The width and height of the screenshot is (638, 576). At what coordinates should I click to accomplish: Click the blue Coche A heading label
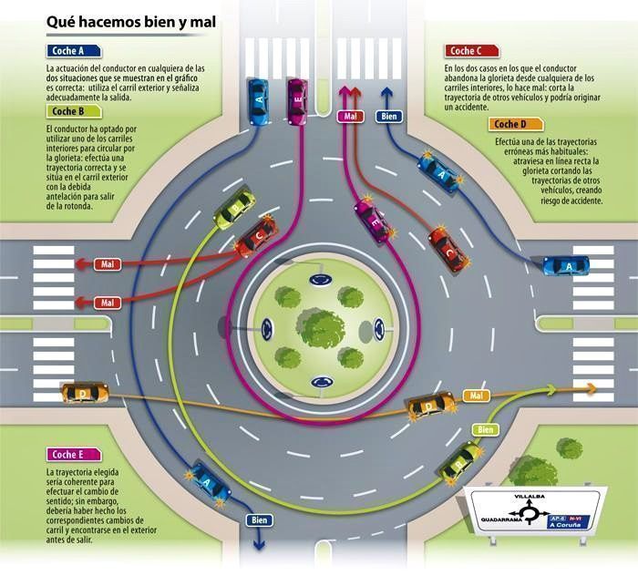click(74, 51)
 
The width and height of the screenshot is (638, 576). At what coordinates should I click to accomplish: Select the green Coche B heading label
click(74, 111)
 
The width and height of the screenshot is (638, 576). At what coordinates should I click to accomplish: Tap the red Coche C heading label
click(471, 51)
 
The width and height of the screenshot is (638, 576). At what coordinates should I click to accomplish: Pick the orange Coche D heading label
click(516, 124)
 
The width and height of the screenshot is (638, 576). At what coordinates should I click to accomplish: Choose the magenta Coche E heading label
click(74, 455)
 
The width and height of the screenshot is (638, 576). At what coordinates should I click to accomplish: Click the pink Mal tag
click(350, 117)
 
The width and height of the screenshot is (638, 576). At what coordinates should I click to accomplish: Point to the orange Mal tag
click(476, 396)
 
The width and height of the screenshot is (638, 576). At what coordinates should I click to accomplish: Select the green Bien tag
click(486, 429)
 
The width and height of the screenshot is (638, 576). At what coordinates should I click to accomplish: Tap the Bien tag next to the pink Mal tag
click(389, 117)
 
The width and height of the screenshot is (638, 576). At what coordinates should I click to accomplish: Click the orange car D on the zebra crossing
click(85, 393)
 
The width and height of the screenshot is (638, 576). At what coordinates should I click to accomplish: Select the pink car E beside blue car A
click(297, 101)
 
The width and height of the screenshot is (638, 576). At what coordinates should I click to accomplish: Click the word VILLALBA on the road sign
click(530, 497)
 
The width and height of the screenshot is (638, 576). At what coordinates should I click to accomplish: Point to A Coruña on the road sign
click(563, 525)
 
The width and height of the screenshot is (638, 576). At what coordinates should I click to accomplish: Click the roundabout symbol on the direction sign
click(530, 513)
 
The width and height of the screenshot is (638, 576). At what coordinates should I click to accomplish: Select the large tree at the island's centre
click(322, 328)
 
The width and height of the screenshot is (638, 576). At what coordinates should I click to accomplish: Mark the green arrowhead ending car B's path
click(551, 390)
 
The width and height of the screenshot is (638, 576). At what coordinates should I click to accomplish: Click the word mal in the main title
click(203, 22)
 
